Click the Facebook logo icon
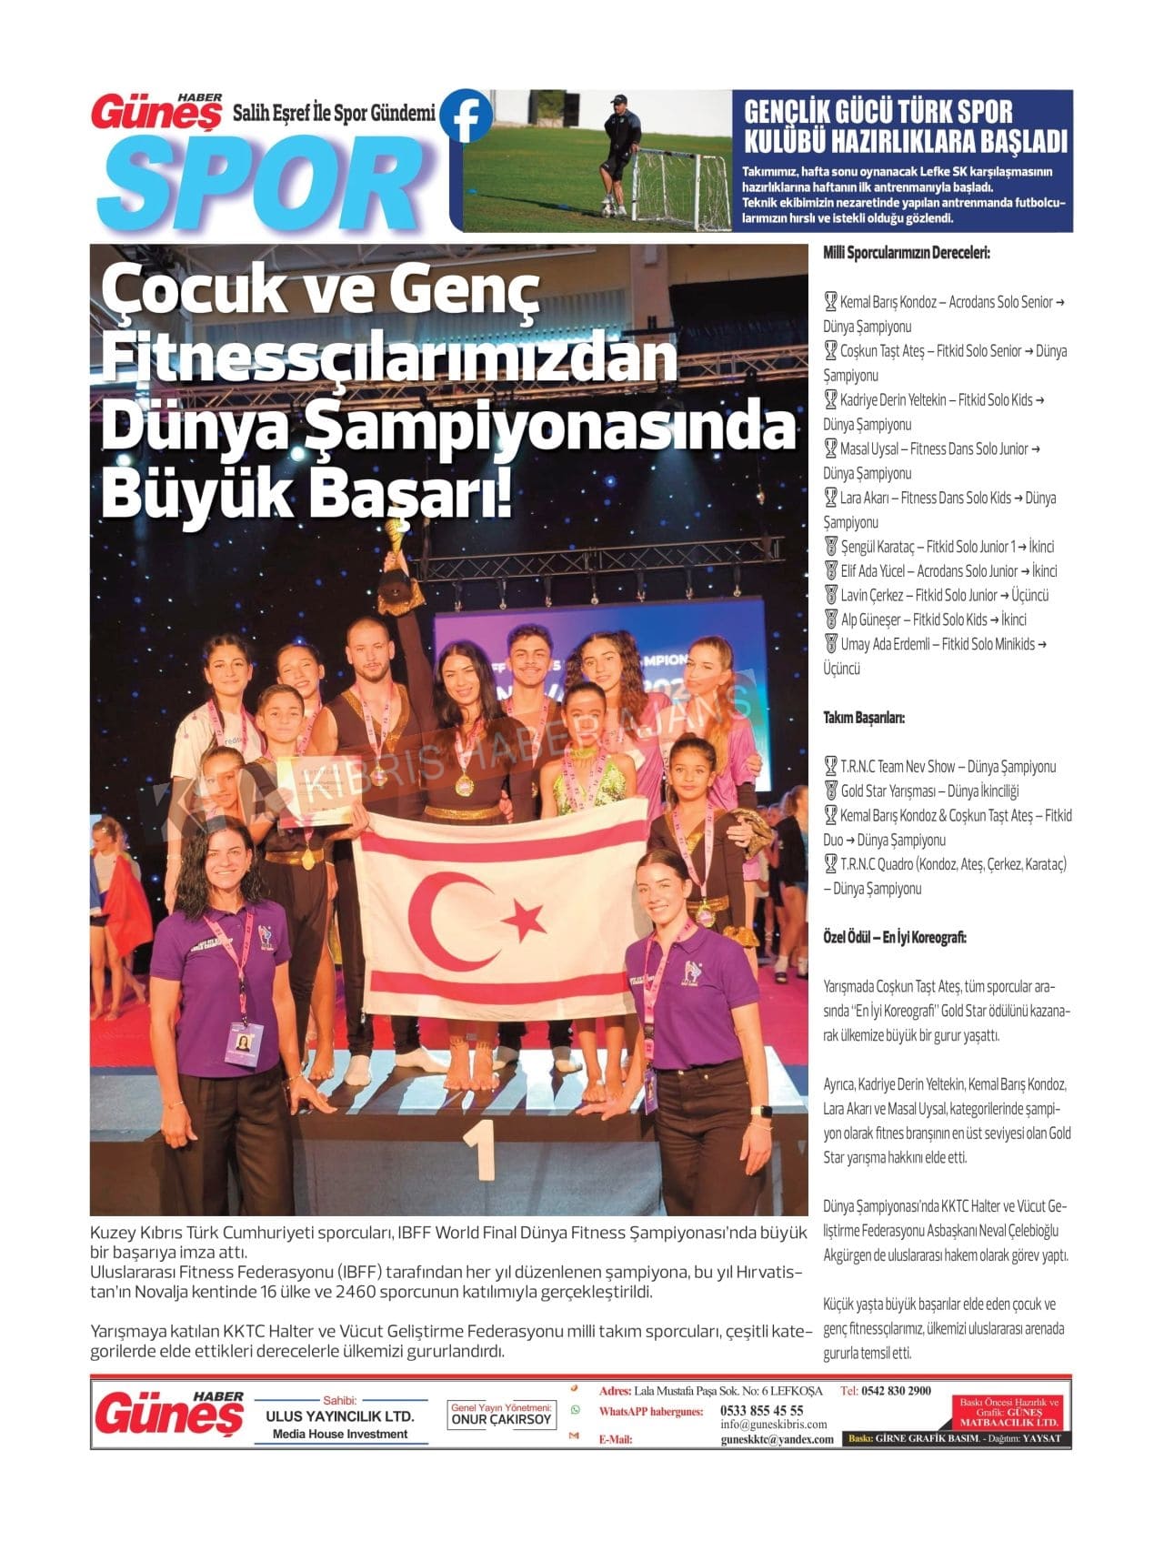pos(467,116)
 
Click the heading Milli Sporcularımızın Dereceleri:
pos(906,253)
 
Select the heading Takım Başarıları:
pos(864,718)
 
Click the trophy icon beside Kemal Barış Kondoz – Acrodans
pos(830,302)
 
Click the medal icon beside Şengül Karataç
pos(830,547)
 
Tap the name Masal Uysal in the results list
pos(870,449)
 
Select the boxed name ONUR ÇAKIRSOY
pos(501,1419)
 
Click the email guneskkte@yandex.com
pos(777,1439)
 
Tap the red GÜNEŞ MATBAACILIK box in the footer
pos(1009,1415)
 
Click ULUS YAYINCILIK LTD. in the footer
pos(339,1416)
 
